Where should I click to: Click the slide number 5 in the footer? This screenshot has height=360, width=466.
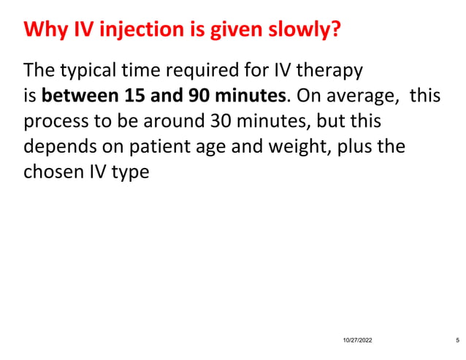(457, 341)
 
